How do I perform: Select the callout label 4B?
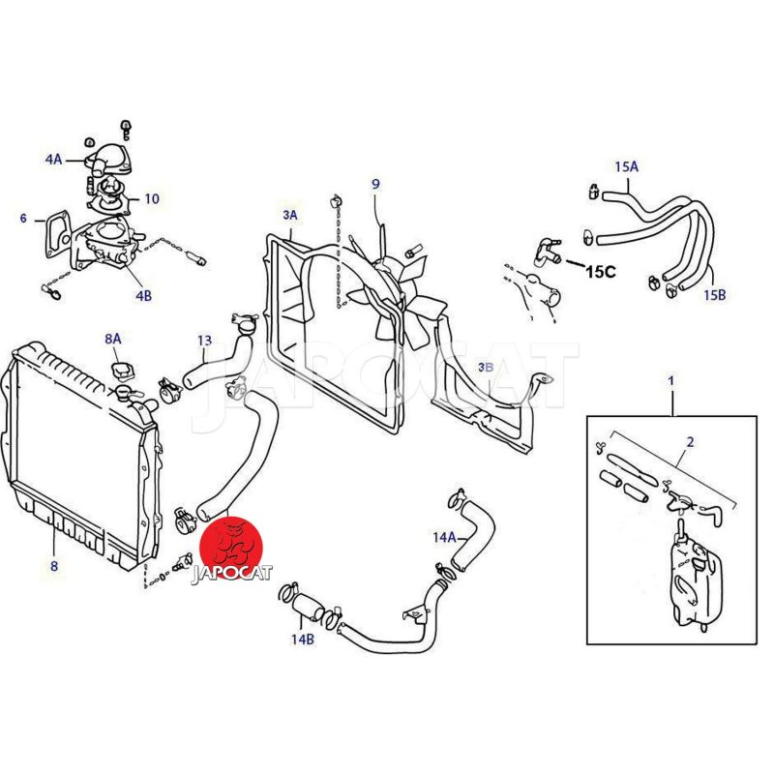pos(143,295)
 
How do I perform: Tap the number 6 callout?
pos(23,219)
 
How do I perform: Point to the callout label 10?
pos(152,199)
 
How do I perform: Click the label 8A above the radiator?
pos(113,339)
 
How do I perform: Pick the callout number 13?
pos(204,340)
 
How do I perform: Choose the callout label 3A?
pos(289,214)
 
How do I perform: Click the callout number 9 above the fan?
pos(375,184)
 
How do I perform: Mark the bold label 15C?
pos(600,272)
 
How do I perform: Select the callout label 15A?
pos(627,166)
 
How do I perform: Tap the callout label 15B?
pos(714,294)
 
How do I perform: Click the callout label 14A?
pos(444,535)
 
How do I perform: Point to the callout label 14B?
pos(302,639)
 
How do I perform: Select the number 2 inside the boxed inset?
pos(690,442)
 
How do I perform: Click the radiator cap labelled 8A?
pos(123,372)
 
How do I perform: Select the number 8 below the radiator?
pos(54,566)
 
